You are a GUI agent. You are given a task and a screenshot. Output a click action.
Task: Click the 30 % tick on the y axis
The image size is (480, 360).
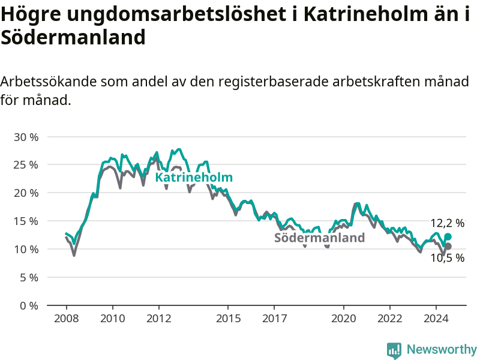(x=26, y=137)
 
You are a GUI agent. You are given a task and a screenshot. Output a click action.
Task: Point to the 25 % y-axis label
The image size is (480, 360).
(x=26, y=165)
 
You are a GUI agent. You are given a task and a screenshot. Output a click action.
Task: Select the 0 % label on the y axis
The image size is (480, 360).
(x=29, y=306)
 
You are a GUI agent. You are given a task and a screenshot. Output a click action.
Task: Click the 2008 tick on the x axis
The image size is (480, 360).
(x=67, y=319)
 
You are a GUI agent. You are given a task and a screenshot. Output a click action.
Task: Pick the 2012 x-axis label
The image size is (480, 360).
(x=158, y=319)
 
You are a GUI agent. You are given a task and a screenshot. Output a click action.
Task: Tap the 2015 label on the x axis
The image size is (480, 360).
(x=228, y=319)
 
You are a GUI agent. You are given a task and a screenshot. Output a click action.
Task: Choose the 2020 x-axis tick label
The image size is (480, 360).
(x=343, y=319)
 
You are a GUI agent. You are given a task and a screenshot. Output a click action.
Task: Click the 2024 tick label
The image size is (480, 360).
(x=436, y=319)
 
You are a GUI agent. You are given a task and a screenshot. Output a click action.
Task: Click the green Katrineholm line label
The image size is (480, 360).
(x=194, y=177)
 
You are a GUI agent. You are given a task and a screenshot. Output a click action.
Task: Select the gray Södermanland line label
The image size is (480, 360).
(x=319, y=238)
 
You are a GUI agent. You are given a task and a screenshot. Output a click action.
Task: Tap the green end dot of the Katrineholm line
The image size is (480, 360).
(x=448, y=236)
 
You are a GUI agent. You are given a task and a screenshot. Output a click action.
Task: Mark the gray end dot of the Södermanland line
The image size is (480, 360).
(x=448, y=246)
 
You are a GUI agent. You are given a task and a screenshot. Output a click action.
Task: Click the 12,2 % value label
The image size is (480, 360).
(x=447, y=223)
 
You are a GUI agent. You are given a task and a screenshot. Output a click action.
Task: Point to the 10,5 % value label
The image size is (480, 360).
(x=447, y=258)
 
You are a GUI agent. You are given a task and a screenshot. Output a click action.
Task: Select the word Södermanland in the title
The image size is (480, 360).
(x=73, y=37)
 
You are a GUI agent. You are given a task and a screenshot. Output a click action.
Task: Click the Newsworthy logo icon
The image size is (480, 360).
(x=394, y=350)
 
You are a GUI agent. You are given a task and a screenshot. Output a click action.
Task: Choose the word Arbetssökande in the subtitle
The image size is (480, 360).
(x=49, y=82)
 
